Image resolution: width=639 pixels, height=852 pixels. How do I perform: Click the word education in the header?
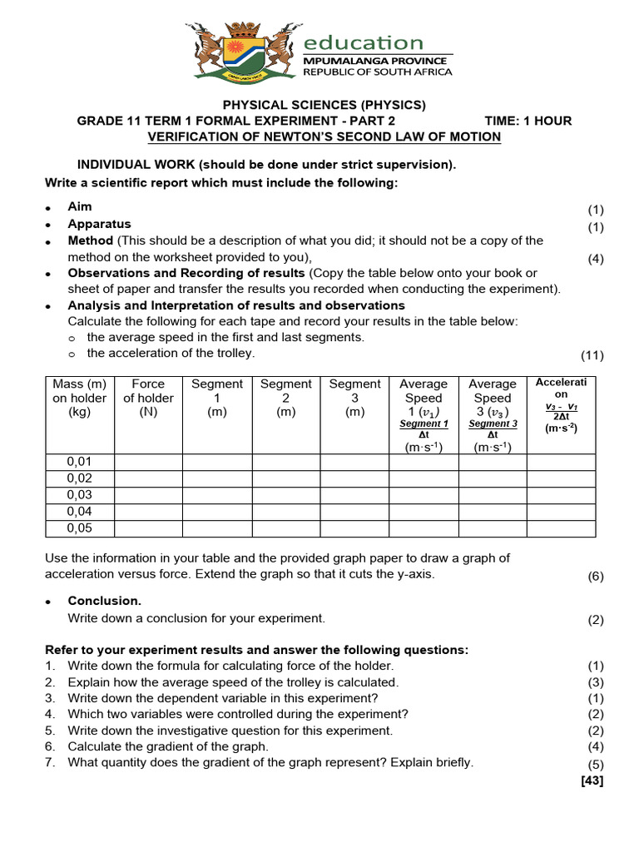(x=364, y=42)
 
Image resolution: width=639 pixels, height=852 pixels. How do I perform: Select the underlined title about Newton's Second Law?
(x=324, y=136)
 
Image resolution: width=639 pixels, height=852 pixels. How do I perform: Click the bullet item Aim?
(x=80, y=206)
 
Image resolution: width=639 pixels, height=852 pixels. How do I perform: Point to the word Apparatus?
(x=99, y=224)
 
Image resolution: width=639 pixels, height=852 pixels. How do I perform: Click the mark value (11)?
(x=592, y=356)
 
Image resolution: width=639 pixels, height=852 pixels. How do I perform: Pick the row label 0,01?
(x=79, y=462)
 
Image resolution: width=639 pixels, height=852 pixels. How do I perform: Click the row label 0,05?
(x=79, y=528)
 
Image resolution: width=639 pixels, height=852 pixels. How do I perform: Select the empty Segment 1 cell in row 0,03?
(x=217, y=495)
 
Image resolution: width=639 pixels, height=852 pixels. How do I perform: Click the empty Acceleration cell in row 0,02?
(x=561, y=478)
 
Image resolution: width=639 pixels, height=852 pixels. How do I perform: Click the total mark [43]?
(x=591, y=780)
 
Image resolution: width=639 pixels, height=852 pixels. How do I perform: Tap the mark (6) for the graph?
(x=595, y=576)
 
